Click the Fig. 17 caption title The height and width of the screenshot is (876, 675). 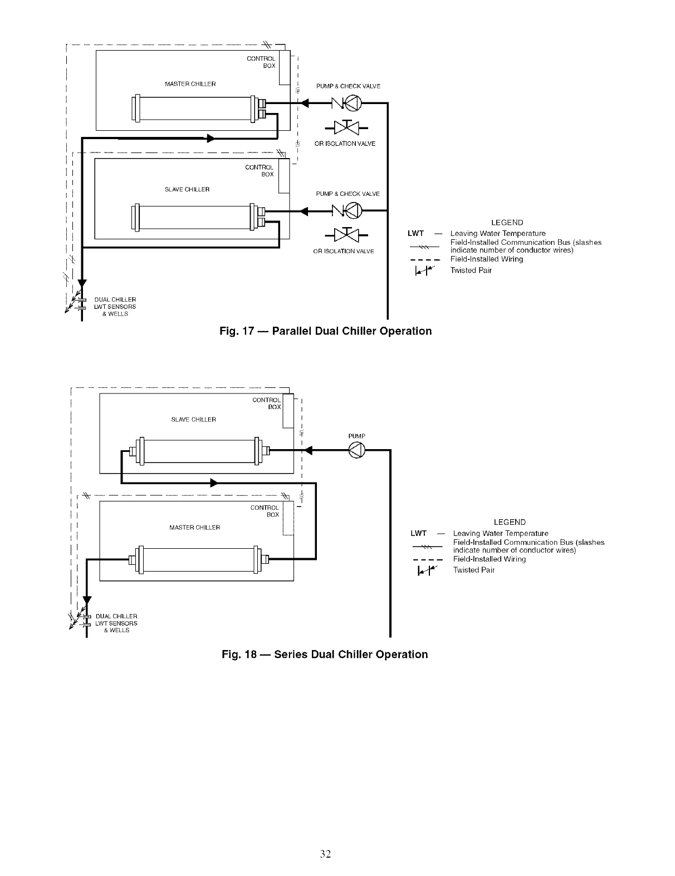[x=326, y=331]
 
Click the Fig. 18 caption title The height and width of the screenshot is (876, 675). [x=325, y=654]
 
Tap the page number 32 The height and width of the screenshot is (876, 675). [x=326, y=854]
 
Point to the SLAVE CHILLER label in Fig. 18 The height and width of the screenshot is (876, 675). [x=193, y=420]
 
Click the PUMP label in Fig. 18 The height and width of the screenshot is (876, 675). [x=356, y=436]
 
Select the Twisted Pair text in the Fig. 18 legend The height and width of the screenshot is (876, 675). [x=474, y=570]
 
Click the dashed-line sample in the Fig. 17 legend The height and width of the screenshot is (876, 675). [x=425, y=259]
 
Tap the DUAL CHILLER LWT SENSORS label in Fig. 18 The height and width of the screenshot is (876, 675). [x=116, y=623]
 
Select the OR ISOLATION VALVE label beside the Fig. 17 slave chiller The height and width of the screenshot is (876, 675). [x=344, y=251]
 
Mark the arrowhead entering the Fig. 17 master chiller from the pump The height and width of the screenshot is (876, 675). [x=304, y=103]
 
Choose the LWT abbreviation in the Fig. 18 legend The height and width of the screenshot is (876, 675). [x=418, y=534]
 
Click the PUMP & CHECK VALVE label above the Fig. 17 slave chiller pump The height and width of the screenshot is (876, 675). [x=348, y=194]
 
